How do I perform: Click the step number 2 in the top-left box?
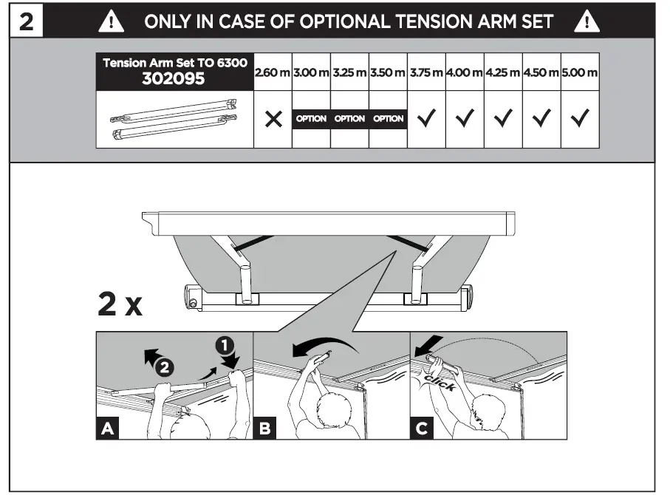tap(26, 21)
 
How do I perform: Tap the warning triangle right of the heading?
tap(587, 21)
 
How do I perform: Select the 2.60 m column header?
tap(273, 73)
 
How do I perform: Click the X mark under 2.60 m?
tap(273, 119)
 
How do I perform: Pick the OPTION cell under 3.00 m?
tap(311, 119)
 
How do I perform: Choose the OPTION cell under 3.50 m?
tap(388, 119)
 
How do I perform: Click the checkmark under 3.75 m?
tap(426, 119)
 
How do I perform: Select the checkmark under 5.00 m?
tap(580, 119)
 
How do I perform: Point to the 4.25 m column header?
tap(503, 73)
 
